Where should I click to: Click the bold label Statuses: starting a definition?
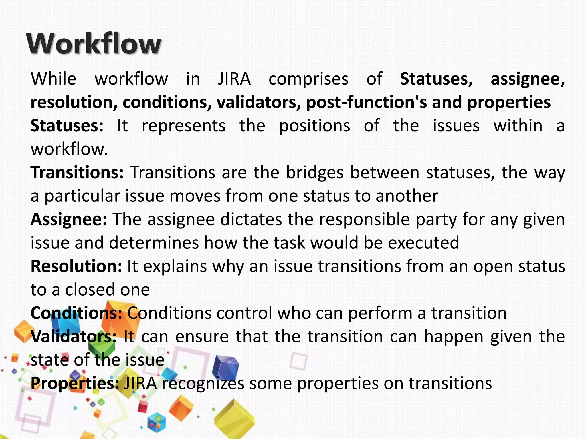click(67, 126)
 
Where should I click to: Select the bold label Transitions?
click(77, 173)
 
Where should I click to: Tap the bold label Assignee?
click(69, 219)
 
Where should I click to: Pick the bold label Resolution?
click(76, 266)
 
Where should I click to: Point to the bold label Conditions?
click(76, 313)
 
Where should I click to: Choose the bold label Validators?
click(74, 336)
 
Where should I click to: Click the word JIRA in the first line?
click(234, 79)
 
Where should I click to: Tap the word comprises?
click(308, 79)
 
